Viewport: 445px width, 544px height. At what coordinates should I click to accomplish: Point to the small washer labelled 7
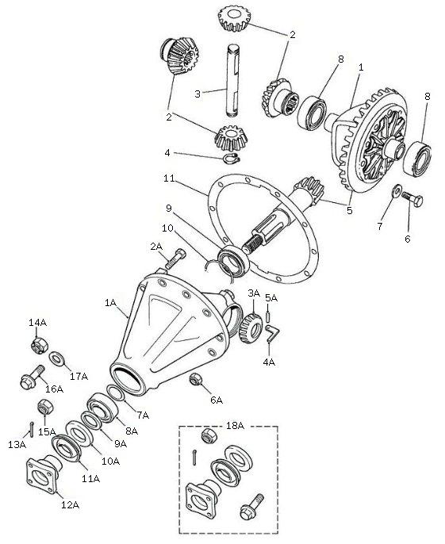[394, 190]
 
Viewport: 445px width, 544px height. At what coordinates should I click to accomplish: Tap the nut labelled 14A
[36, 345]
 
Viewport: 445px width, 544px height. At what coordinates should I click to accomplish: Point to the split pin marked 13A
[29, 428]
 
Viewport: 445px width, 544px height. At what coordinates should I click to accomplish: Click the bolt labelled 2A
[180, 259]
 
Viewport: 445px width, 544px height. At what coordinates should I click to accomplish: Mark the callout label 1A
[109, 303]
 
